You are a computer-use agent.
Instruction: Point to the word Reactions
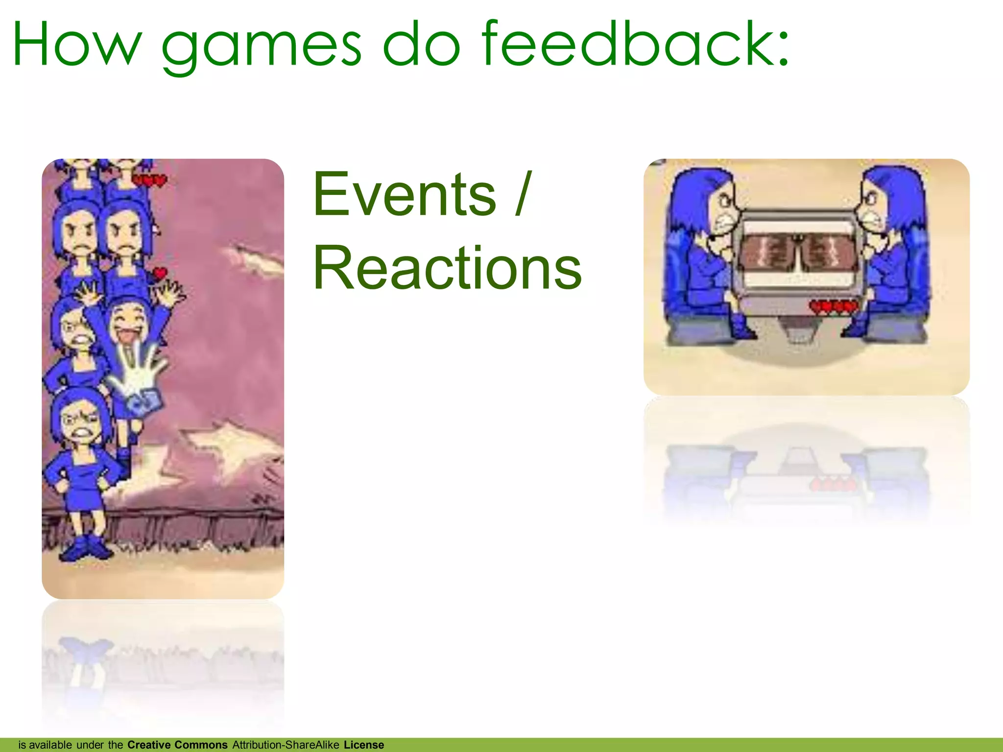tap(447, 268)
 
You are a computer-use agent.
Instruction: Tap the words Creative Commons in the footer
tap(177, 745)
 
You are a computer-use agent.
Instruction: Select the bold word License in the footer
tap(364, 745)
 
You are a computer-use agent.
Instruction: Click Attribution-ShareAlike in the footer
tap(286, 745)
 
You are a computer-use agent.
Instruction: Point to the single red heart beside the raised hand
tap(160, 273)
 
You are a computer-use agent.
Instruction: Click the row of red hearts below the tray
tap(834, 307)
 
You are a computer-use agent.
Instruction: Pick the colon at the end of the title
tap(782, 49)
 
